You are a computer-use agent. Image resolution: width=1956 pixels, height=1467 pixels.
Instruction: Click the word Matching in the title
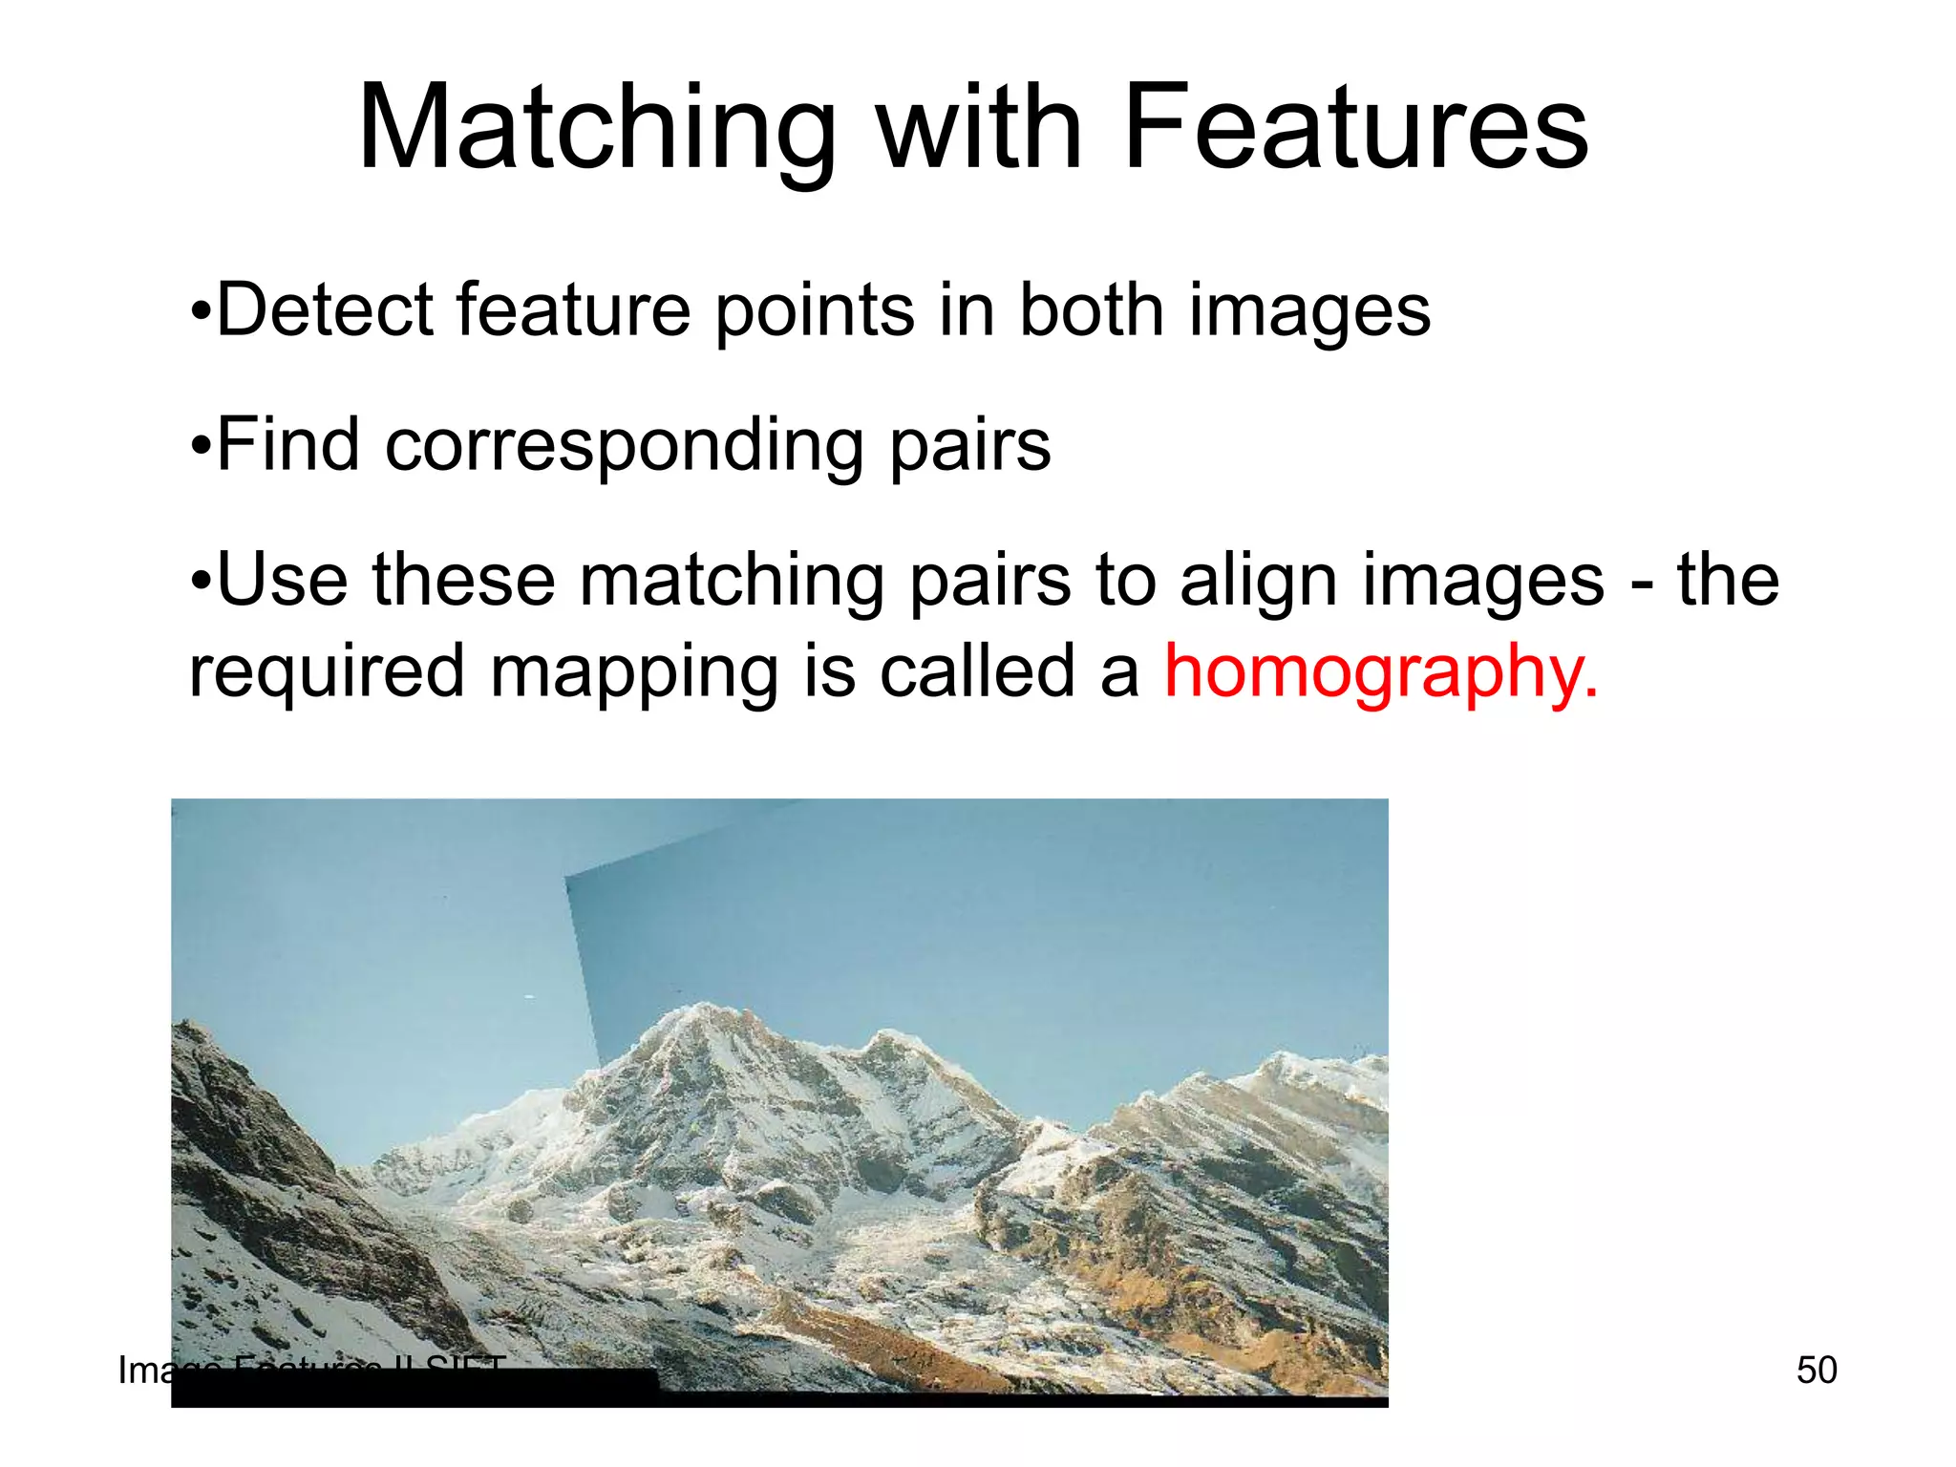(x=597, y=129)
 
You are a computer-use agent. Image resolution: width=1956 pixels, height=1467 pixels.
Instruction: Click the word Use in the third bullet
(x=283, y=581)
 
